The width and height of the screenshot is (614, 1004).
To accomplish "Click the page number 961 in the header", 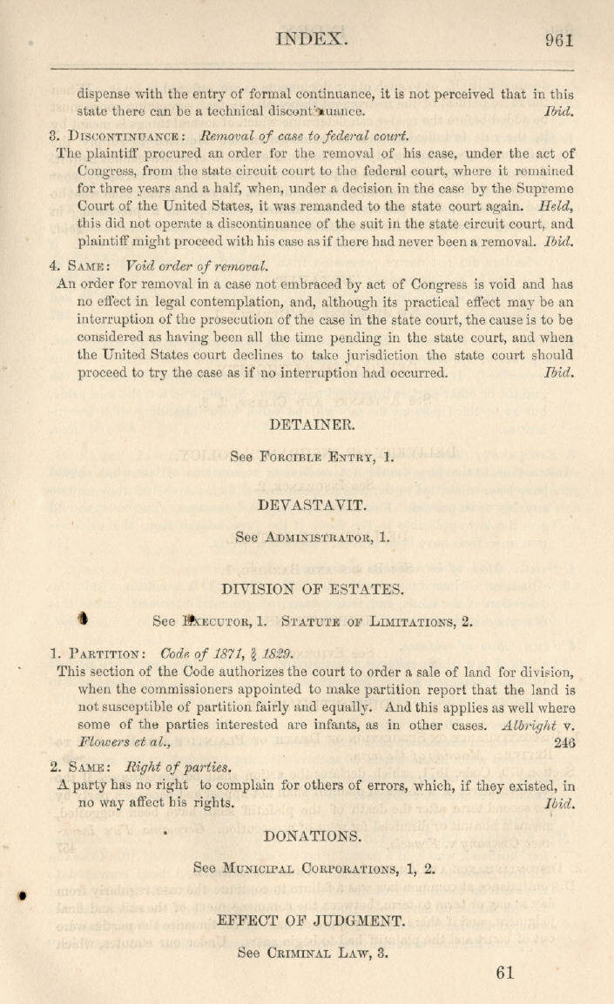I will [x=559, y=39].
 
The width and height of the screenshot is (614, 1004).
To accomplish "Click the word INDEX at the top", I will [x=312, y=38].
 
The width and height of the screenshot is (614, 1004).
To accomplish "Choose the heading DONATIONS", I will [x=312, y=836].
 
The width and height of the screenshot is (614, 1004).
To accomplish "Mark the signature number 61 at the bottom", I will [x=505, y=973].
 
